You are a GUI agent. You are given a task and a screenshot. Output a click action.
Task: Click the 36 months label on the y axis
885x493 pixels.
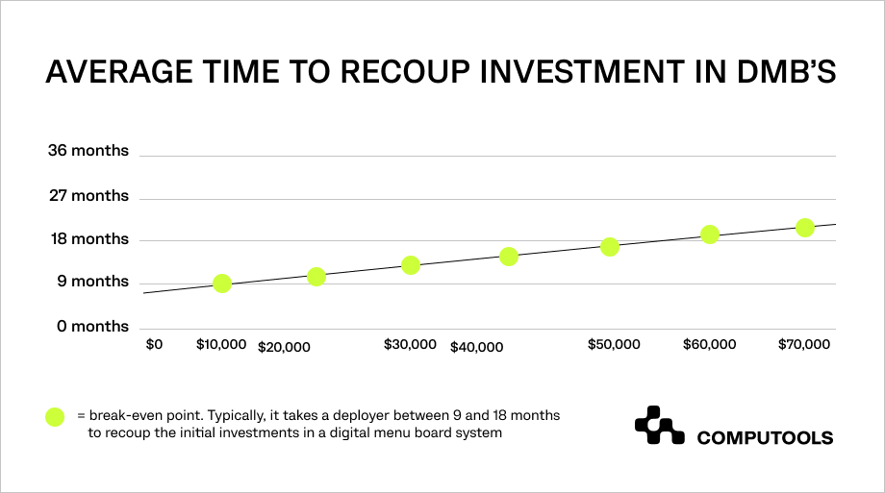(88, 151)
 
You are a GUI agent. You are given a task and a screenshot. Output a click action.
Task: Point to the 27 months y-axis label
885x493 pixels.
(88, 196)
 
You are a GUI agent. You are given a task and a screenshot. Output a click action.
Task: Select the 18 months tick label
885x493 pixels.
(89, 239)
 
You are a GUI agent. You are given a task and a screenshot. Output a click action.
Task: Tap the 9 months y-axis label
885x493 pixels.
(92, 282)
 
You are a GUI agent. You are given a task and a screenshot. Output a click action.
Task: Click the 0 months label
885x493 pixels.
(92, 327)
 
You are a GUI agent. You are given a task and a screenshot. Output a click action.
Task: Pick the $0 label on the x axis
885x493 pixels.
(154, 345)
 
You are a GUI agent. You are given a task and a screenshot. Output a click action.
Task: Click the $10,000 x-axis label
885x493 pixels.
(221, 345)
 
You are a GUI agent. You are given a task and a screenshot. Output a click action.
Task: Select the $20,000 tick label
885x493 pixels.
(284, 348)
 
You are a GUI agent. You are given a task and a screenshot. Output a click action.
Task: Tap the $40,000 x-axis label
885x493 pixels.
(476, 348)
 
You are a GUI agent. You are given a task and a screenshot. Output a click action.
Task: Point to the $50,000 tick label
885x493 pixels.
(614, 345)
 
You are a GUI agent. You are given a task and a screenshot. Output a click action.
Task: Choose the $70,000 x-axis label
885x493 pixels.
(804, 345)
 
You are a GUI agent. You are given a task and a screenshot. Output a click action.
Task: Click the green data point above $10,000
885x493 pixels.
(222, 283)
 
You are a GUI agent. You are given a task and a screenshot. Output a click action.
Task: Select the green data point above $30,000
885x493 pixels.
(411, 265)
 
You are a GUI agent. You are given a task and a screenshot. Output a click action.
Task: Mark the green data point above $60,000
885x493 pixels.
(710, 234)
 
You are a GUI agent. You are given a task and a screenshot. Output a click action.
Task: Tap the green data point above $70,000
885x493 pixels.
(805, 228)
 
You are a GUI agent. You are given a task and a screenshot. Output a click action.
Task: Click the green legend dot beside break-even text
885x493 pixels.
(55, 417)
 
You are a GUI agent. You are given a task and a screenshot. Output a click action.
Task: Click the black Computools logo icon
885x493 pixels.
(659, 426)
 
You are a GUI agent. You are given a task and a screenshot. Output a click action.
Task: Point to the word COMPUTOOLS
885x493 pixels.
(765, 438)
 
